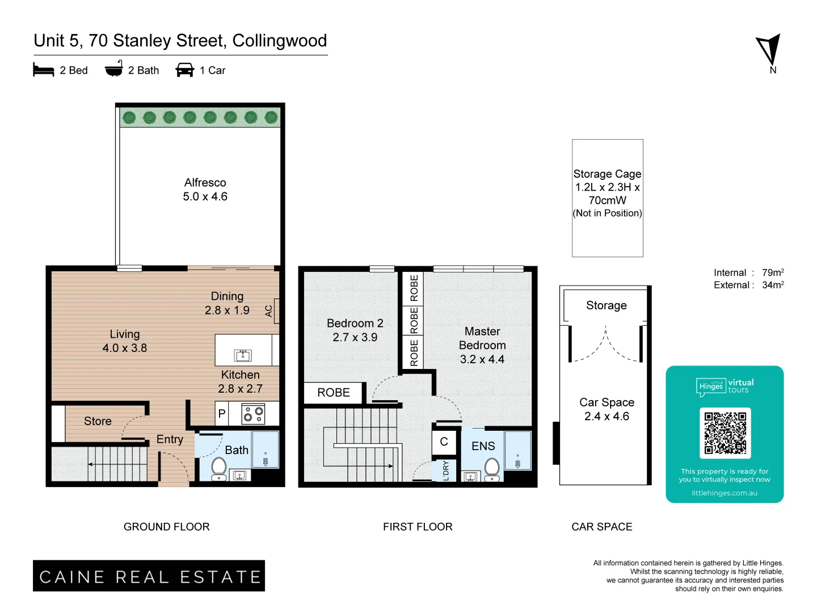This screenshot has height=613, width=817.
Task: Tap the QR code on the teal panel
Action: click(x=725, y=433)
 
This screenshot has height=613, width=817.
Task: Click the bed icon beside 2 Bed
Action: click(x=44, y=70)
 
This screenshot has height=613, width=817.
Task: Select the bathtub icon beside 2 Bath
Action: click(x=114, y=69)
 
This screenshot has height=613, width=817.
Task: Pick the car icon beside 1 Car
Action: click(x=185, y=70)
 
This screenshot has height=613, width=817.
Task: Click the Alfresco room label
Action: click(x=205, y=183)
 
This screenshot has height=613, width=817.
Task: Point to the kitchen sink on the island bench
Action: click(x=243, y=356)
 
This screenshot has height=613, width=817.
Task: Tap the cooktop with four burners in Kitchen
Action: click(x=253, y=414)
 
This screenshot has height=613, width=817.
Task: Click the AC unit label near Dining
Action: click(x=269, y=311)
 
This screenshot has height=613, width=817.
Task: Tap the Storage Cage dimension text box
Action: click(x=607, y=194)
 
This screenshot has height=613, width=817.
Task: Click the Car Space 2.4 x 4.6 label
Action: click(x=607, y=409)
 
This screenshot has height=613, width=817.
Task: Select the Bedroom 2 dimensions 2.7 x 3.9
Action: click(x=355, y=337)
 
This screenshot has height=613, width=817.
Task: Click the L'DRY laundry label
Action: click(x=446, y=471)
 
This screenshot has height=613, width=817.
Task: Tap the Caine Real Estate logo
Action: click(x=149, y=576)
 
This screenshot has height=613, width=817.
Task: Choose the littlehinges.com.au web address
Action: click(x=725, y=493)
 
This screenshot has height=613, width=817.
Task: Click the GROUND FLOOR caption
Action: click(x=167, y=527)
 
